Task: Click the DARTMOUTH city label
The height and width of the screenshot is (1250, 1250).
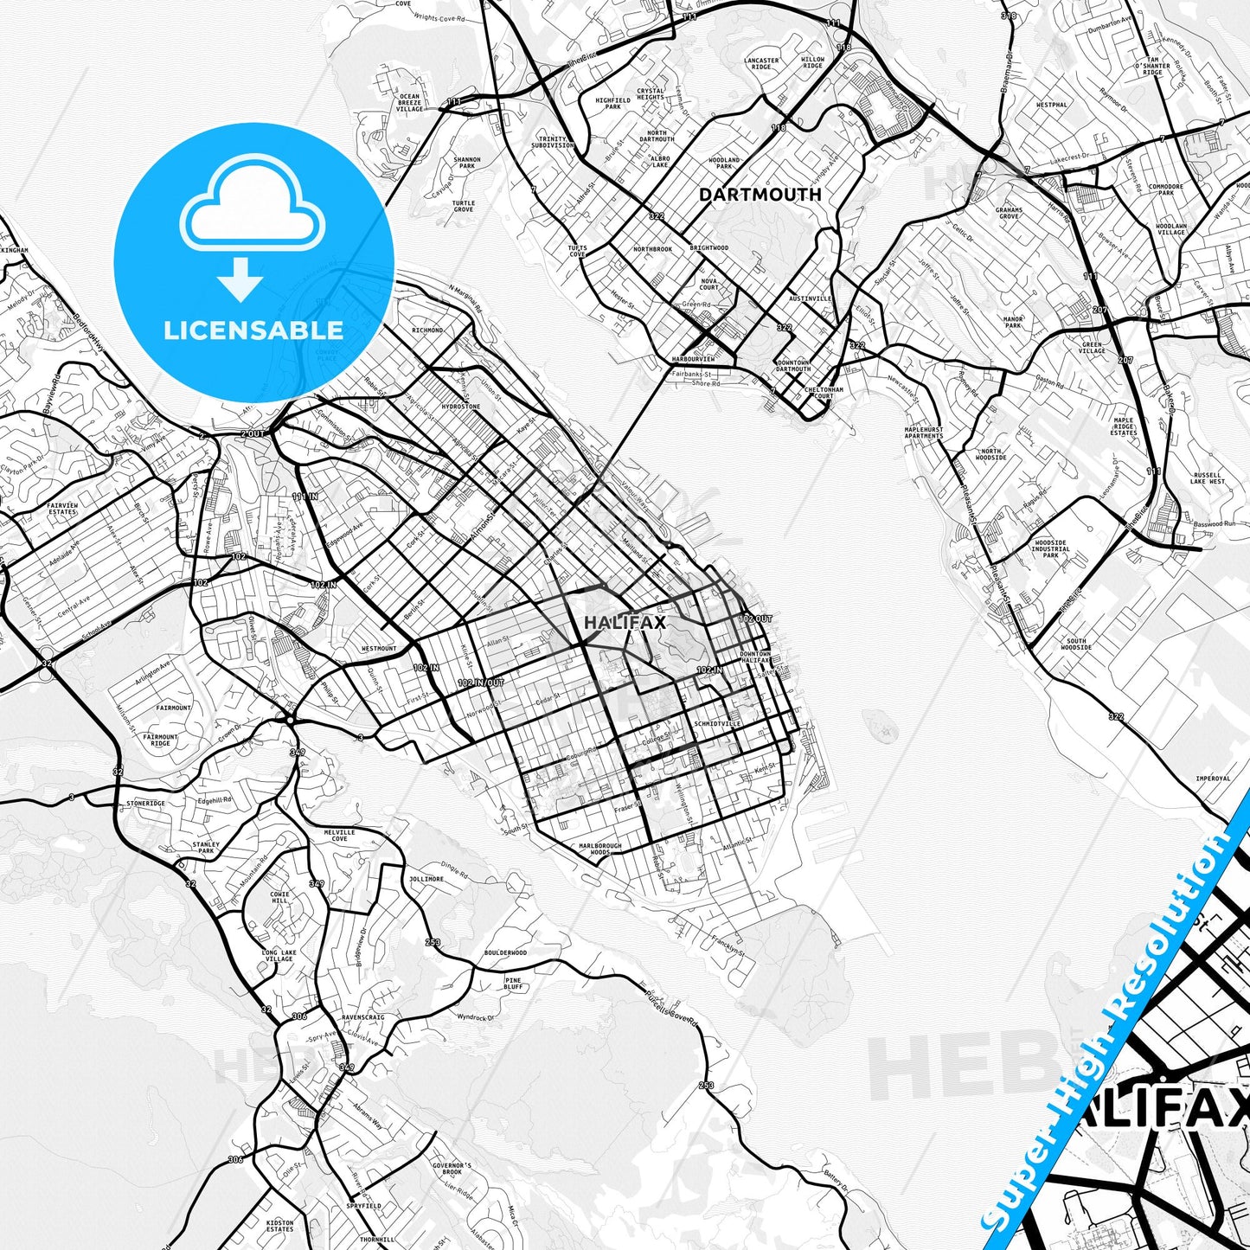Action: (x=760, y=195)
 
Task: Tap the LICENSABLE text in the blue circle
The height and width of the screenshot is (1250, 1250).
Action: (x=253, y=330)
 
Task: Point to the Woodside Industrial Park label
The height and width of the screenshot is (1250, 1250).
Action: (x=1050, y=549)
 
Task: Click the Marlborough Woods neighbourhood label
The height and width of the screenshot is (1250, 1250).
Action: (x=600, y=849)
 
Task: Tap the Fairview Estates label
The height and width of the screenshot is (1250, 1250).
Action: (x=62, y=508)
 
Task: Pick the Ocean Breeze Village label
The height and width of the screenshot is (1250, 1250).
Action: (x=409, y=103)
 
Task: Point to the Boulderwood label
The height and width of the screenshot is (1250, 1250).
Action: (x=505, y=953)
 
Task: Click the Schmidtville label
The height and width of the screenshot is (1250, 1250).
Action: (x=717, y=724)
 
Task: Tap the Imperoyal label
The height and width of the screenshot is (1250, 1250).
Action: (x=1212, y=779)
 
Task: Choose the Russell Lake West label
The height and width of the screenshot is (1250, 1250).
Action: (x=1207, y=478)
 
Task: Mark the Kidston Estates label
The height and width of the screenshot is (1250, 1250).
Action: (x=280, y=1226)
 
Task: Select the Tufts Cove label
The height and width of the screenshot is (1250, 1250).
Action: (x=577, y=251)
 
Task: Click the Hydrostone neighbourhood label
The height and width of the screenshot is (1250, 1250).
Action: (x=460, y=406)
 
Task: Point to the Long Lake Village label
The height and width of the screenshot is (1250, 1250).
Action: (x=278, y=956)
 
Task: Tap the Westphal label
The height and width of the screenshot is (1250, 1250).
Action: (x=1052, y=105)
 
